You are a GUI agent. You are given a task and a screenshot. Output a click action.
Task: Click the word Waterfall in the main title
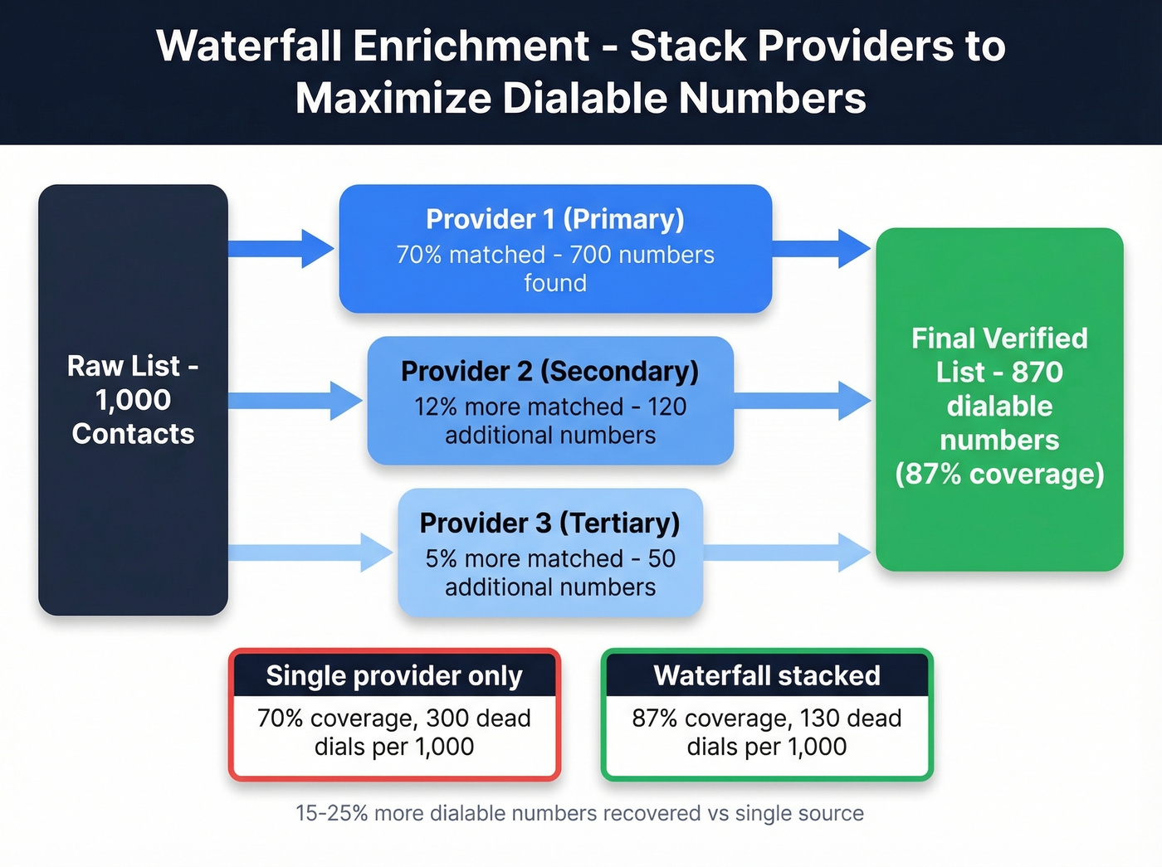(249, 46)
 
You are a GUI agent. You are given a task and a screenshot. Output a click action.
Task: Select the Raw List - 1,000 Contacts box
(133, 400)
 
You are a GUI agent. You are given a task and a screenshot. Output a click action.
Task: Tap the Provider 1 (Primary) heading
(554, 219)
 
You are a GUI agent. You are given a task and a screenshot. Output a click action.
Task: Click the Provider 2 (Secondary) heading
(549, 371)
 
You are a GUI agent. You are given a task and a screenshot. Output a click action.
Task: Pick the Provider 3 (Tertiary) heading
(549, 523)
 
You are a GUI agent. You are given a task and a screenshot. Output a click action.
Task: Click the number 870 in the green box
(1037, 372)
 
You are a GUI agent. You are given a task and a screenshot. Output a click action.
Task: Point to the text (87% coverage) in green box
(999, 474)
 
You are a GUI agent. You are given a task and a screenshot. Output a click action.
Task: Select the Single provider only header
(394, 675)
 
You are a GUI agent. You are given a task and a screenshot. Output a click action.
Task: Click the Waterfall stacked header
(767, 675)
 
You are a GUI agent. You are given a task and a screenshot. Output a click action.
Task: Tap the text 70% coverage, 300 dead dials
(394, 732)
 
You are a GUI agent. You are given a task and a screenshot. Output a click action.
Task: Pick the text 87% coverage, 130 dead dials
(767, 732)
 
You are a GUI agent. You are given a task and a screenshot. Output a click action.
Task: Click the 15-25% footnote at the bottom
(579, 813)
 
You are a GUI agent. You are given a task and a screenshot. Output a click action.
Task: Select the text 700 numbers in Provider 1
(642, 255)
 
